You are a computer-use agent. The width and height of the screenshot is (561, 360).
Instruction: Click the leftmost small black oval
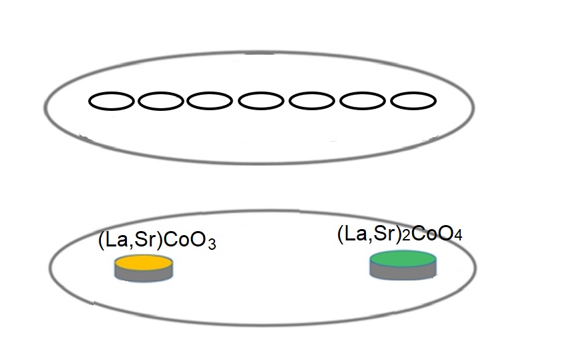click(x=112, y=102)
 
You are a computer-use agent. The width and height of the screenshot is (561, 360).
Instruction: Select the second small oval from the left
click(x=160, y=102)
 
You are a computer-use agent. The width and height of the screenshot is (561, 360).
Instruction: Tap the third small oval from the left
click(x=209, y=102)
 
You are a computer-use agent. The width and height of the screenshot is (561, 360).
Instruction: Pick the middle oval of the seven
click(x=261, y=102)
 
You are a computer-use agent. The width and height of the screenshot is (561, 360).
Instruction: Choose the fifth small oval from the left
click(x=312, y=102)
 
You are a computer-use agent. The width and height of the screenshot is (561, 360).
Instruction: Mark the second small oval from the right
click(x=363, y=102)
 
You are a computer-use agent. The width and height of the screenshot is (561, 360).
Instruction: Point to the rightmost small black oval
click(x=413, y=101)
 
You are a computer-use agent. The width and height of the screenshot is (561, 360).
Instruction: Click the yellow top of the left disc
click(x=144, y=263)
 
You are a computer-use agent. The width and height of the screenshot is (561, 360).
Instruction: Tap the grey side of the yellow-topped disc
click(x=144, y=275)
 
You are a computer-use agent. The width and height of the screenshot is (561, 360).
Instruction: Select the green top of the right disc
click(x=405, y=258)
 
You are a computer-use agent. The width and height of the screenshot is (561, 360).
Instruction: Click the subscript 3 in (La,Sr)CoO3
click(x=210, y=244)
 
